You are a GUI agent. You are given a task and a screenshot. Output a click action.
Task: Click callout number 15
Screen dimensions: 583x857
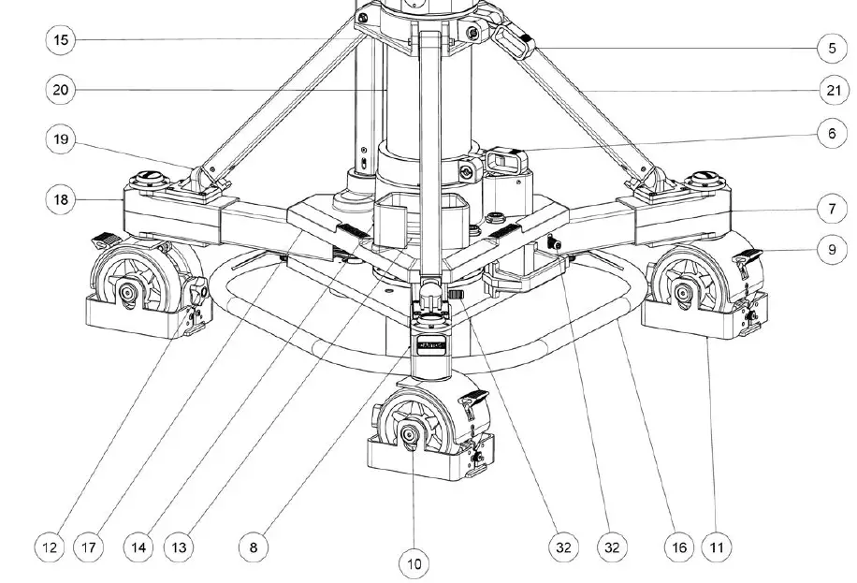[62, 40]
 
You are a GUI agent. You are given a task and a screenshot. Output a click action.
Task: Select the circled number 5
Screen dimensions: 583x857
[832, 47]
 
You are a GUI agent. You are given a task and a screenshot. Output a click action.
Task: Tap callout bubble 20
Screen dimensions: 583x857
[62, 90]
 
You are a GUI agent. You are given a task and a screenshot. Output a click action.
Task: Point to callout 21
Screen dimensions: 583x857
[832, 90]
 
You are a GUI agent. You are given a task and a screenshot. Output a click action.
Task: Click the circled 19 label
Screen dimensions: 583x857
[62, 140]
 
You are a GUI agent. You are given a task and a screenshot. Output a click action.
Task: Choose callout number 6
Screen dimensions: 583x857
[832, 134]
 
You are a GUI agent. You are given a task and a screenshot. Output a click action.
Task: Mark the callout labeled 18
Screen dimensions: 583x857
[62, 199]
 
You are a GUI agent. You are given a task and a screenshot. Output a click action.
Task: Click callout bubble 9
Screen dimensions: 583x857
[832, 249]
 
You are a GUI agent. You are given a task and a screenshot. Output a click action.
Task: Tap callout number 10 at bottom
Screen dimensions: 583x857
[414, 562]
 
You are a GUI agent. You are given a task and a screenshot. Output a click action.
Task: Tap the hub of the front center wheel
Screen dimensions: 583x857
[411, 434]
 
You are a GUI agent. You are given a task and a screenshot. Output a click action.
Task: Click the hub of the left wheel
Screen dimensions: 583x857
[126, 294]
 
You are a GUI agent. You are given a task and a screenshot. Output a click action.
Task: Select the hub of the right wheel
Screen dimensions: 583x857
[686, 294]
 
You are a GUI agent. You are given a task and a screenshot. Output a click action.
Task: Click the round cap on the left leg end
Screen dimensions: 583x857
[151, 175]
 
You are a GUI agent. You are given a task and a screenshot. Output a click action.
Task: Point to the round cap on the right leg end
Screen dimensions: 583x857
[702, 175]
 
